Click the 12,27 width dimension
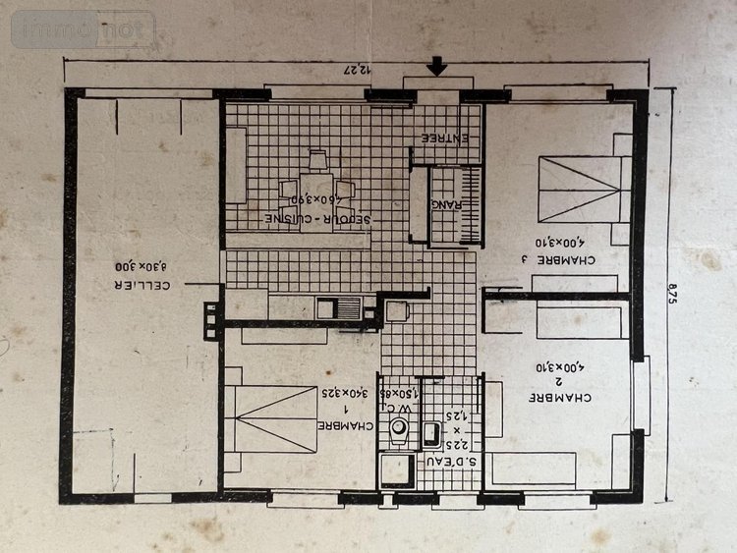(366, 68)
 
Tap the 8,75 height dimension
(672, 294)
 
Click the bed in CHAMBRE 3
(583, 188)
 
